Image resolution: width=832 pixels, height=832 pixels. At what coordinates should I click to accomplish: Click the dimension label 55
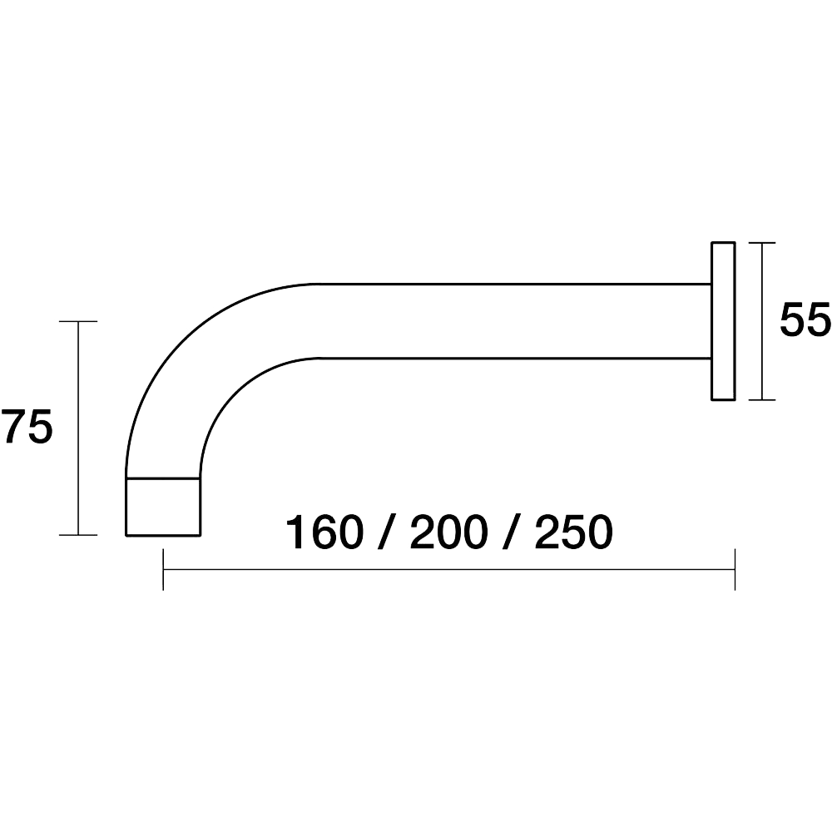pos(805,320)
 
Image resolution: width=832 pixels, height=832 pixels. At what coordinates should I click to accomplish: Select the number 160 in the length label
pos(325,532)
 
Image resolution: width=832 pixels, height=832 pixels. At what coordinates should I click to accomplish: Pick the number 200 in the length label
pos(449,532)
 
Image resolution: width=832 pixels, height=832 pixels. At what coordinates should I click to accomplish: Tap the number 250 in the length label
pos(574,532)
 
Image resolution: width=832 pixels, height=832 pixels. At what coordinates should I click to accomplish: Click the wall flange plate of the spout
pos(723,321)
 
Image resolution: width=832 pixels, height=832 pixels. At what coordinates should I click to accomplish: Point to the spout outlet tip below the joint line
pos(163,507)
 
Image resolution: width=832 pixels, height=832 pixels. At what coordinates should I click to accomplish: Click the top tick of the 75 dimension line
pos(78,321)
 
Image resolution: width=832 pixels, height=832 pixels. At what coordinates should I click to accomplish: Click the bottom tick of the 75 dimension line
pos(78,535)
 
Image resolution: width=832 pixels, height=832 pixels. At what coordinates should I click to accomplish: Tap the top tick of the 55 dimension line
pos(761,242)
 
